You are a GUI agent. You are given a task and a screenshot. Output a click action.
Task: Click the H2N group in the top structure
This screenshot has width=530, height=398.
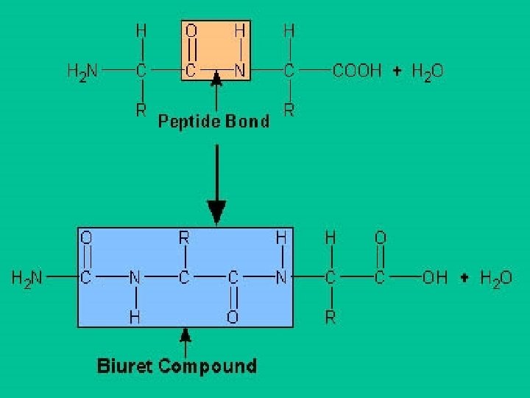point(82,71)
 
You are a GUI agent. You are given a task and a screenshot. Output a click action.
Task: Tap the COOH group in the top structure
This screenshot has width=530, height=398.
point(357,71)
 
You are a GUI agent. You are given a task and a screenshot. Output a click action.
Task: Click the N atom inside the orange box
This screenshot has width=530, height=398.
point(240,71)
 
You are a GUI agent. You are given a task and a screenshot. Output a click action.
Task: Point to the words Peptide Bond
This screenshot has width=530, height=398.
point(213,122)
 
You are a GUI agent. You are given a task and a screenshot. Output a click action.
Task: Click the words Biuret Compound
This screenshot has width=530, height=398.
point(177,366)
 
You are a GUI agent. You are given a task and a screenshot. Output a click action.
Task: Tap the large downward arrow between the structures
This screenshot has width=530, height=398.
point(216,184)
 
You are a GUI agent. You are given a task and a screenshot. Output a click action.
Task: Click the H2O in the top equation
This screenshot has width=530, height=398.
point(427,71)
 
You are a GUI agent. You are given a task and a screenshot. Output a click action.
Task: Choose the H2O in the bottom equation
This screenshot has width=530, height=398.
point(495,279)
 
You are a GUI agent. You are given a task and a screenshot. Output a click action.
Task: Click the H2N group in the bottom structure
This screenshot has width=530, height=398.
point(26,279)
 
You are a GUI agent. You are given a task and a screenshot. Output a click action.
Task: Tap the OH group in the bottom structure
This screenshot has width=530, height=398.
point(434,279)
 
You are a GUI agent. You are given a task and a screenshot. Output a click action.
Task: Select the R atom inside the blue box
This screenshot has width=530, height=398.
point(185,238)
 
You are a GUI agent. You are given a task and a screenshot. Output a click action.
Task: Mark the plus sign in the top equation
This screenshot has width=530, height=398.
point(397,71)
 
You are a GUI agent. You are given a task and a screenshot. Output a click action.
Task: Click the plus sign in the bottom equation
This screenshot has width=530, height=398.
point(464,279)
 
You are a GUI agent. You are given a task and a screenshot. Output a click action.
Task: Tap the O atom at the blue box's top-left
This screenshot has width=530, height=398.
point(85,238)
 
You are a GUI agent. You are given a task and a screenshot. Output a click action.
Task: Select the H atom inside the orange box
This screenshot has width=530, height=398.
point(240,32)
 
